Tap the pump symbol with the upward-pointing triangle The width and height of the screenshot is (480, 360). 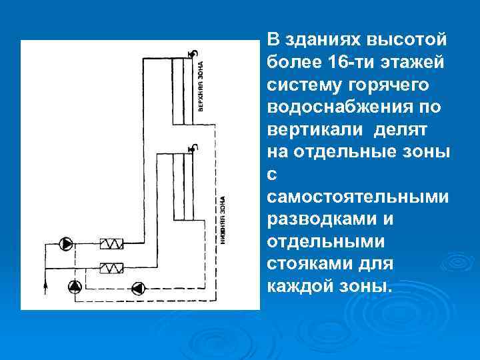click(75, 288)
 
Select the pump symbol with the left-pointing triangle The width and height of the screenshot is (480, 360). click(138, 288)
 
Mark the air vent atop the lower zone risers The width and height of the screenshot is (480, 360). click(191, 149)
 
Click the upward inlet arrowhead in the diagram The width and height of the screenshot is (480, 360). click(45, 287)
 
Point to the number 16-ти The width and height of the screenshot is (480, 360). click(357, 62)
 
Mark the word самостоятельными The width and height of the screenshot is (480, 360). click(357, 197)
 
